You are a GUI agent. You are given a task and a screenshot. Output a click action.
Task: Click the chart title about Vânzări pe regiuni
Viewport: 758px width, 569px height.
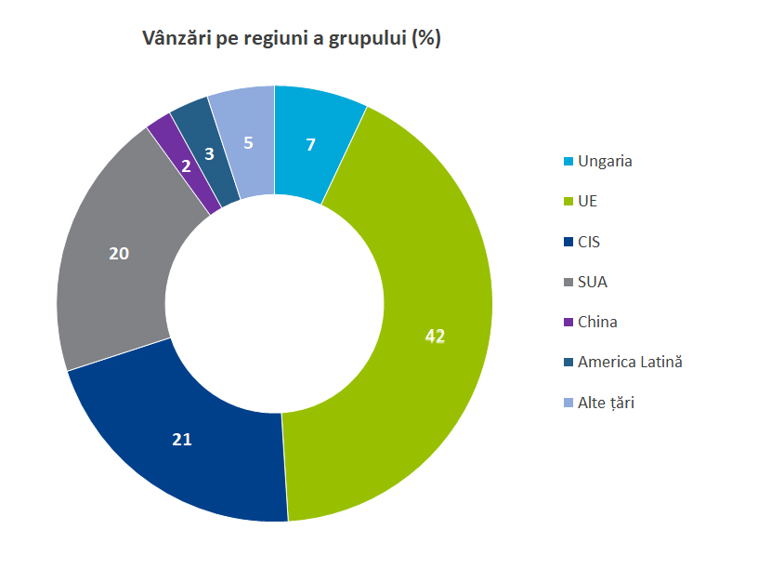pyautogui.click(x=291, y=39)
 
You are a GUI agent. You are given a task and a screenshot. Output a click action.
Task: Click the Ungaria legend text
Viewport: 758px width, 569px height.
pyautogui.click(x=605, y=161)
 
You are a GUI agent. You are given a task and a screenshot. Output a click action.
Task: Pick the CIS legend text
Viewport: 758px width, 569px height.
pyautogui.click(x=589, y=242)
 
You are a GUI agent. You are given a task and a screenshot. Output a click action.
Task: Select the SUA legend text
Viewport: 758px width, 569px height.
pyautogui.click(x=592, y=282)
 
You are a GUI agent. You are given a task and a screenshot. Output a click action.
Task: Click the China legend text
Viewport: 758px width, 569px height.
pyautogui.click(x=597, y=322)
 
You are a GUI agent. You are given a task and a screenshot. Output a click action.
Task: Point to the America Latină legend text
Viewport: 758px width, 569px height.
pyautogui.click(x=630, y=362)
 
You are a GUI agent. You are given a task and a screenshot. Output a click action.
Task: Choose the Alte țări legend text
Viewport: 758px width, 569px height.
pyautogui.click(x=606, y=403)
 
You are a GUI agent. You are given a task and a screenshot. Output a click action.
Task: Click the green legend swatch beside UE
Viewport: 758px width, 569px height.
pyautogui.click(x=568, y=202)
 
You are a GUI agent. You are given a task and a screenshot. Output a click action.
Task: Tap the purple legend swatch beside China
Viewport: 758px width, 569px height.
pyautogui.click(x=568, y=323)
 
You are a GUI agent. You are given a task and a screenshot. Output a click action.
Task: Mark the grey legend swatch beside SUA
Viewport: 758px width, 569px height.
pyautogui.click(x=568, y=283)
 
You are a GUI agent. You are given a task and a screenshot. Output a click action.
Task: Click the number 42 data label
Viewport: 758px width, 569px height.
pyautogui.click(x=435, y=336)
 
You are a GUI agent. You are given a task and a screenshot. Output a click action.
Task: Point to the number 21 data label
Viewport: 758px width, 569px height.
pyautogui.click(x=182, y=440)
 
